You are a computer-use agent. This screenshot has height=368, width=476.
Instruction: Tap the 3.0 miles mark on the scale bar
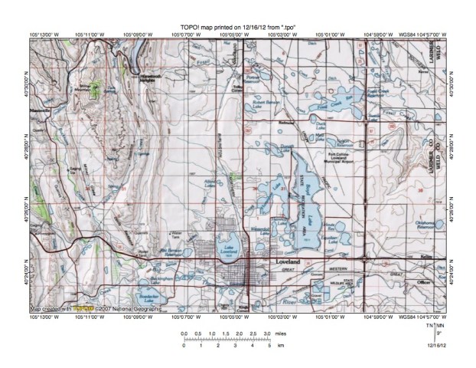[266, 334]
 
